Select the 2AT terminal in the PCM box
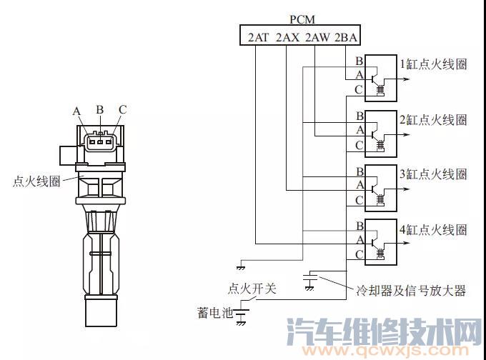258,37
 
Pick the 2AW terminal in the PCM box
317,37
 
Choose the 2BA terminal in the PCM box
346,37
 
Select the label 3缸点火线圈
433,174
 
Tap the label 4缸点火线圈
433,229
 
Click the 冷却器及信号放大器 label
411,291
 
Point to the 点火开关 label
252,289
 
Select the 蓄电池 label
214,312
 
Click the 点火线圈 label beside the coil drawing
36,181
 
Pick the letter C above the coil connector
122,110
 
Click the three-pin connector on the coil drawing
99,140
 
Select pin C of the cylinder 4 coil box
358,255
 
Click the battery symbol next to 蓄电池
246,313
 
